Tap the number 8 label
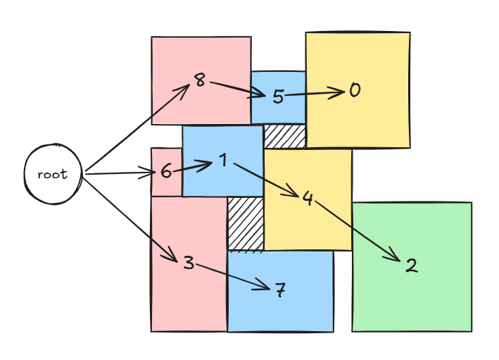(200, 80)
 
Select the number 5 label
(278, 97)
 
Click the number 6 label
(166, 170)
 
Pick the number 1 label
(222, 161)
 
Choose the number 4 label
(308, 198)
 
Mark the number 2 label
(412, 266)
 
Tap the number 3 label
(188, 263)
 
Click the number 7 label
(280, 290)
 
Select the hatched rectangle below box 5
(285, 136)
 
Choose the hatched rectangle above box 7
(246, 223)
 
